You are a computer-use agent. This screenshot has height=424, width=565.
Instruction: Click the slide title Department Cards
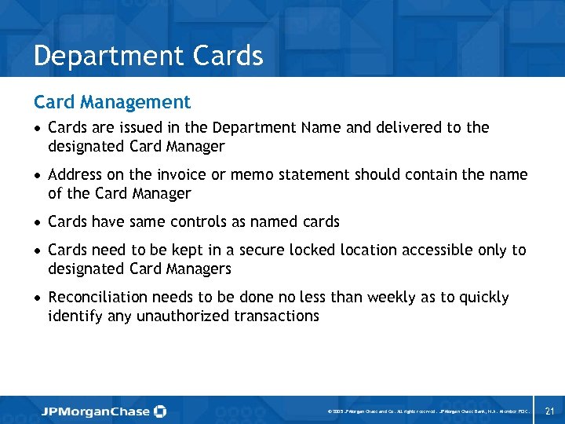point(148,57)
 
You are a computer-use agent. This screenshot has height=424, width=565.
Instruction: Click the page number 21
point(549,411)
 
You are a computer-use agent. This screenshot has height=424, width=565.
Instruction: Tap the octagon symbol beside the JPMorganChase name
point(160,411)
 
